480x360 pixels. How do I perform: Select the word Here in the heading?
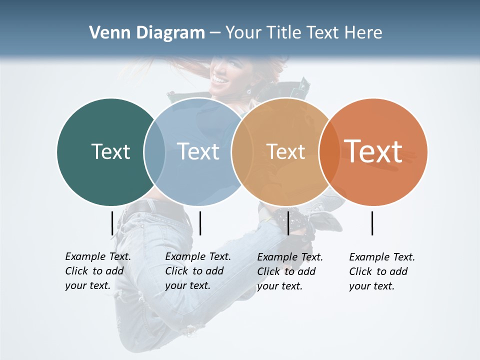pyautogui.click(x=363, y=33)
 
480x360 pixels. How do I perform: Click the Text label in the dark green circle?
pyautogui.click(x=110, y=151)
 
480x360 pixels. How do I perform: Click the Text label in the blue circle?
pyautogui.click(x=198, y=151)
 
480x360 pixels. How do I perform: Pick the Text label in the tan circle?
pyautogui.click(x=285, y=151)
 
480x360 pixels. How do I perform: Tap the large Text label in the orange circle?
pyautogui.click(x=373, y=151)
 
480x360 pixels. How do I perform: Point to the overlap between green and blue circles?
pyautogui.click(x=154, y=151)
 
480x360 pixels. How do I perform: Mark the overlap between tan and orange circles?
pyautogui.click(x=327, y=151)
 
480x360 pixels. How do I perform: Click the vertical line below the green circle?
pyautogui.click(x=112, y=223)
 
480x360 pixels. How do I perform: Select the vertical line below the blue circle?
pyautogui.click(x=200, y=223)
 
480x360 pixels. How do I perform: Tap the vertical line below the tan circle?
pyautogui.click(x=288, y=223)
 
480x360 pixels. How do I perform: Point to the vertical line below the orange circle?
pyautogui.click(x=372, y=223)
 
